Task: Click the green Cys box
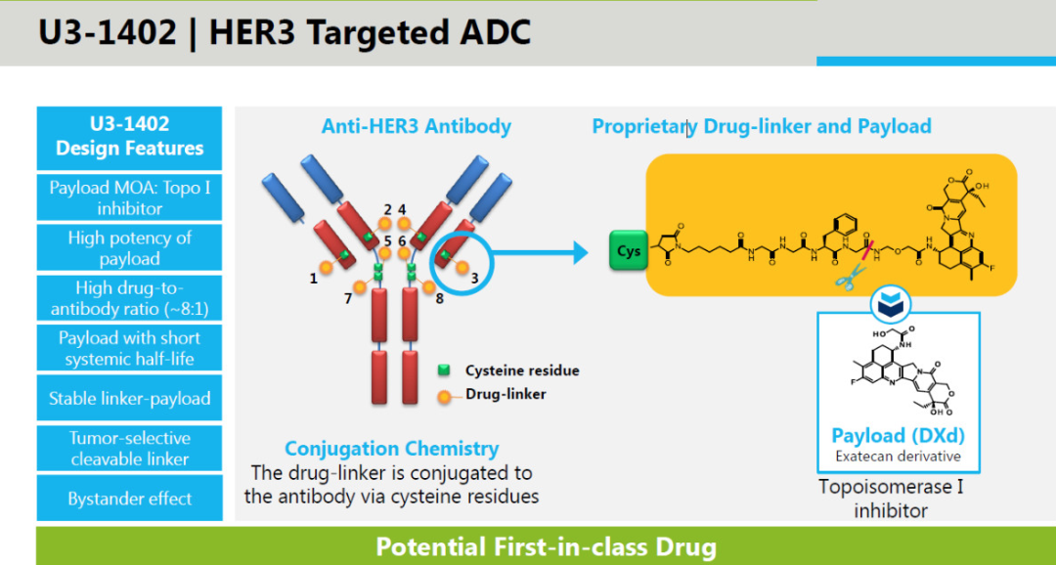(x=629, y=250)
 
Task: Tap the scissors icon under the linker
(x=851, y=276)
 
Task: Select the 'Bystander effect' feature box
(x=129, y=499)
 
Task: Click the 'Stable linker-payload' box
(x=129, y=398)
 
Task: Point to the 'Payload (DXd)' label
(x=898, y=435)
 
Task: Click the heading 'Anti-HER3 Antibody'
(x=417, y=127)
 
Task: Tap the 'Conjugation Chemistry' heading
(x=392, y=449)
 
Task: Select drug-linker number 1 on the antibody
(x=326, y=267)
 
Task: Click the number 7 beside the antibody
(x=348, y=298)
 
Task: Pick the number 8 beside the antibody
(x=440, y=298)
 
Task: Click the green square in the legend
(x=443, y=370)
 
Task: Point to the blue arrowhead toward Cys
(x=580, y=253)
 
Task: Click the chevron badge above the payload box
(x=891, y=304)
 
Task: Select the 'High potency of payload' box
(x=129, y=248)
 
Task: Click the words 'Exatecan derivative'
(x=898, y=456)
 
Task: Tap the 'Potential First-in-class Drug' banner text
(x=546, y=546)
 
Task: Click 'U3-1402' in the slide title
(x=108, y=33)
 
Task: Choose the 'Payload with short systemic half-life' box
(x=129, y=347)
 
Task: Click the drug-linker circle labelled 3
(x=462, y=267)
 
